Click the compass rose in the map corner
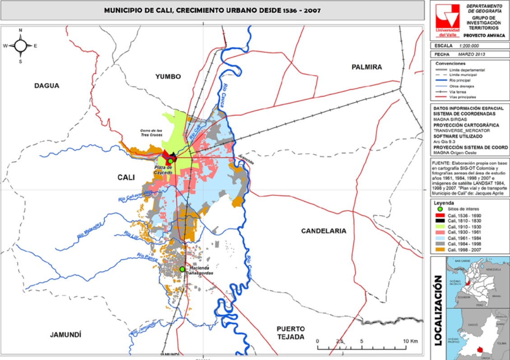(x=20, y=46)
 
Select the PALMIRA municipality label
(x=366, y=67)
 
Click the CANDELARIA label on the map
(x=324, y=231)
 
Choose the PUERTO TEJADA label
(x=291, y=332)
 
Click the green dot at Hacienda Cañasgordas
(x=182, y=269)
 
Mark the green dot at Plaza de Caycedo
(x=171, y=161)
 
